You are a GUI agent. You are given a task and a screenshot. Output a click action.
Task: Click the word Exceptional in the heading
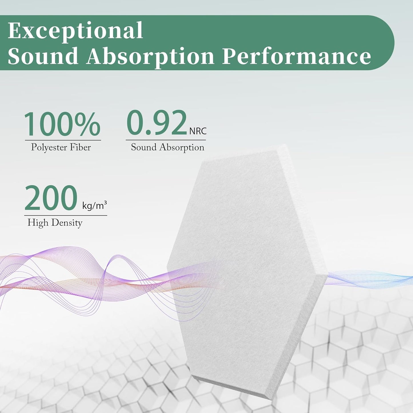pyautogui.click(x=75, y=31)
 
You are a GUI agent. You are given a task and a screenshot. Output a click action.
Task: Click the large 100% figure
pyautogui.click(x=62, y=124)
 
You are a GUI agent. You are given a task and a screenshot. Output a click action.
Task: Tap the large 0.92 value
pyautogui.click(x=157, y=123)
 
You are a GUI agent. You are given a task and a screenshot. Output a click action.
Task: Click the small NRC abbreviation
pyautogui.click(x=198, y=131)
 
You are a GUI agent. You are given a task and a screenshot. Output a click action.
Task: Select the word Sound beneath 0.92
pyautogui.click(x=143, y=147)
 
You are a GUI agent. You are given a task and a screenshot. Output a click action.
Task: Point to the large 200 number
pyautogui.click(x=51, y=198)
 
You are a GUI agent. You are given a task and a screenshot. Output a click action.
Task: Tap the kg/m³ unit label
pyautogui.click(x=95, y=205)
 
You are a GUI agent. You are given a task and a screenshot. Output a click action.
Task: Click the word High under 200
pyautogui.click(x=37, y=223)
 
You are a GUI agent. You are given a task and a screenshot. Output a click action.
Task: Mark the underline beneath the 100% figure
pyautogui.click(x=63, y=140)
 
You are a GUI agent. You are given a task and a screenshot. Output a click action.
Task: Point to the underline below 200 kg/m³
pyautogui.click(x=65, y=216)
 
